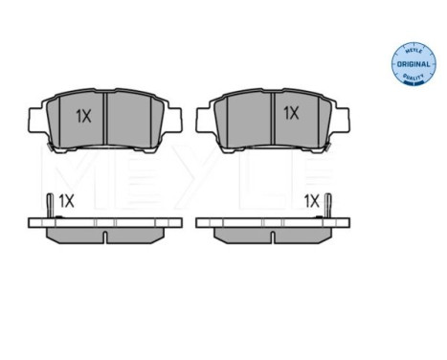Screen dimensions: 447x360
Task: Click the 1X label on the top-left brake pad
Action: tap(83, 116)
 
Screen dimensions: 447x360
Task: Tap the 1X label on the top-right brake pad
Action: tap(291, 113)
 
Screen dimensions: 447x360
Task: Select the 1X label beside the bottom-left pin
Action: tap(66, 201)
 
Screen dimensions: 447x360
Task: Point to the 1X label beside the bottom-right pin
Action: tap(311, 201)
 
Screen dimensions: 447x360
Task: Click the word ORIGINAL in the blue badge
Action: tap(413, 64)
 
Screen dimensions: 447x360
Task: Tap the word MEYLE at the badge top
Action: tap(413, 51)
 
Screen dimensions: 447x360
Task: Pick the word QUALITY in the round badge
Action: tap(413, 77)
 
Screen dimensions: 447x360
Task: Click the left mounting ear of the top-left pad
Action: tap(36, 120)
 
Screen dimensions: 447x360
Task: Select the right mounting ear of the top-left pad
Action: tap(174, 120)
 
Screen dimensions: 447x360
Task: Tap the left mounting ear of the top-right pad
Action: tap(204, 120)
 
